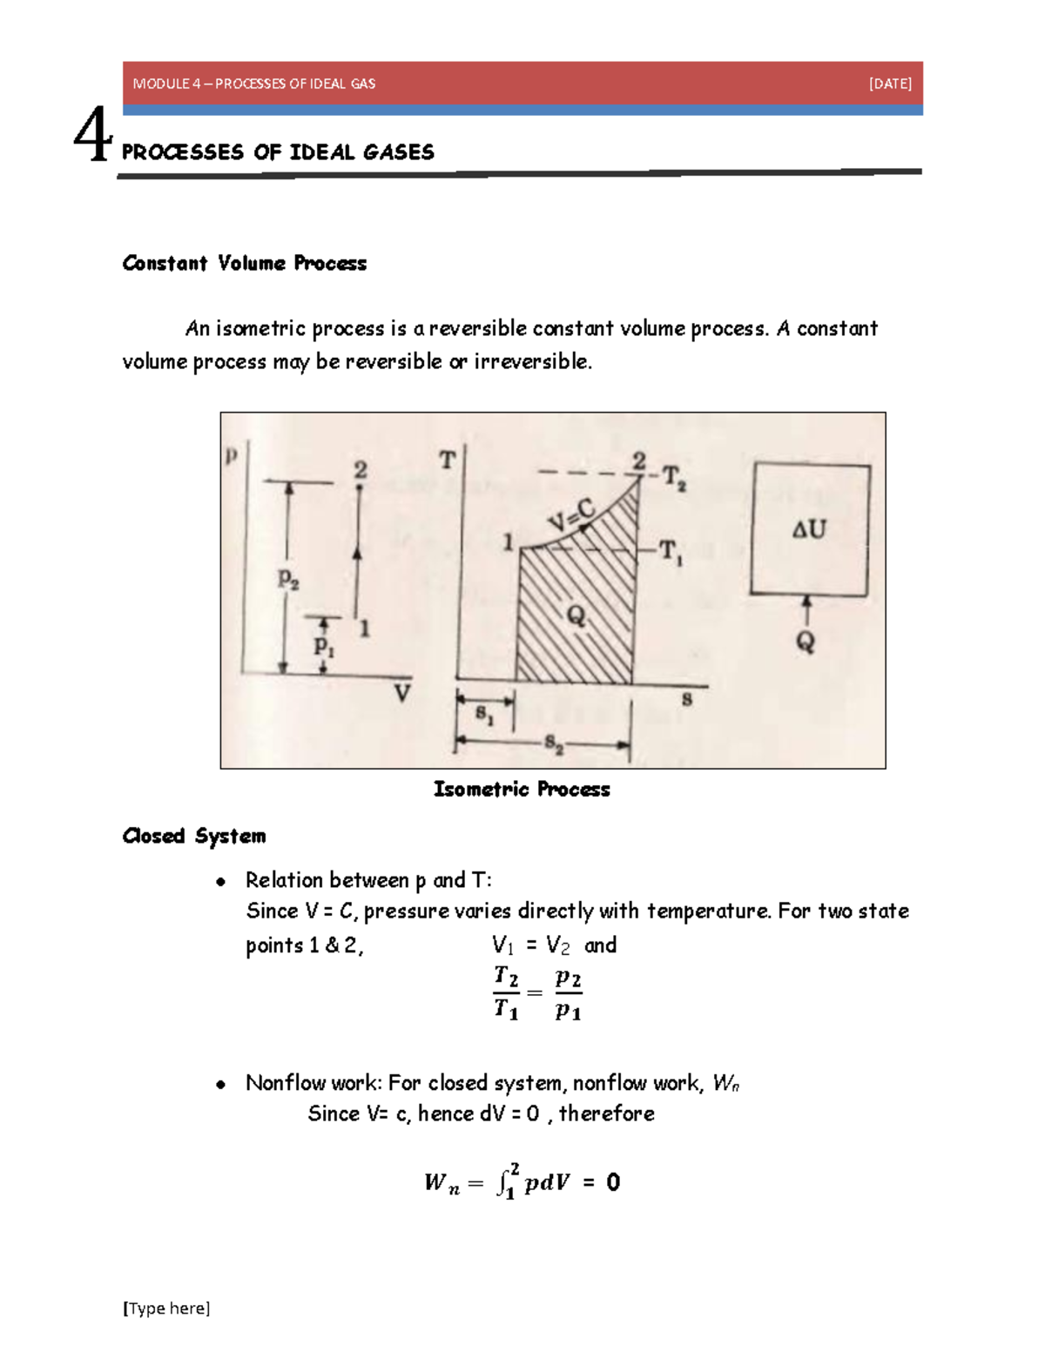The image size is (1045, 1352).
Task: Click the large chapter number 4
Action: tap(92, 136)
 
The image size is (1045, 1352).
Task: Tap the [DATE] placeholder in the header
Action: tap(890, 84)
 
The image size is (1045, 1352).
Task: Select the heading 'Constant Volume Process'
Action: tap(244, 263)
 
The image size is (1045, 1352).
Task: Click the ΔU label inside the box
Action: tap(809, 528)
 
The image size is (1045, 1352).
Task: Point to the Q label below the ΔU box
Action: tap(806, 642)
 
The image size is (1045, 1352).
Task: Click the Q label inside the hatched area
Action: tap(576, 616)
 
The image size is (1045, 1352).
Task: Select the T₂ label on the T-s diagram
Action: tap(674, 478)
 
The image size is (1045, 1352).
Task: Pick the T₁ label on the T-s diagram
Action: tap(671, 552)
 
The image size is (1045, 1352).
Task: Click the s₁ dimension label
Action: tap(484, 715)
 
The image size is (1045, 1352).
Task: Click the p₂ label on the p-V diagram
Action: tap(288, 578)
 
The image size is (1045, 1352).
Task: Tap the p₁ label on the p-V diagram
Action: tap(324, 646)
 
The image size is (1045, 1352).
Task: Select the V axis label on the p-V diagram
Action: tap(401, 694)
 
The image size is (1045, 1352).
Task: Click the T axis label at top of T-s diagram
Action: tap(447, 460)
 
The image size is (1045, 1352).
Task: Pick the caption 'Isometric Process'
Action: tap(522, 789)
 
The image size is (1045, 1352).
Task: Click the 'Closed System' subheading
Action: tap(194, 836)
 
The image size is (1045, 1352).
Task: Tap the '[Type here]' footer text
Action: tap(166, 1308)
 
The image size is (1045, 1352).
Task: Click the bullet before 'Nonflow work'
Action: tap(221, 1084)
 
